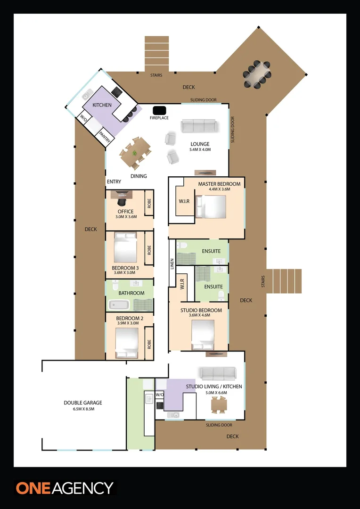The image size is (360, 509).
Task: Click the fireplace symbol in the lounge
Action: [x=159, y=110]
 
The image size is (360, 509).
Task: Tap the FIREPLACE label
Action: [x=159, y=118]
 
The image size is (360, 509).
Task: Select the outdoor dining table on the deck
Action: [x=257, y=74]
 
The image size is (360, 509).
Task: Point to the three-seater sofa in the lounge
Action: [x=199, y=126]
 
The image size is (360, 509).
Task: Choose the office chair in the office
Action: [x=122, y=201]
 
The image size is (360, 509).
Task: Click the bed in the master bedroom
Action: [x=211, y=206]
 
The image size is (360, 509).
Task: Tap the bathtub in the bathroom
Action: [x=119, y=305]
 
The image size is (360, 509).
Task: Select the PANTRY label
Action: [x=106, y=137]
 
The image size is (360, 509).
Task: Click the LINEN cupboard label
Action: [x=172, y=263]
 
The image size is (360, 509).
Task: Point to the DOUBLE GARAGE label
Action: [x=83, y=402]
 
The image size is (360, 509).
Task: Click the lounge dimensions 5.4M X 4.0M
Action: [x=200, y=150]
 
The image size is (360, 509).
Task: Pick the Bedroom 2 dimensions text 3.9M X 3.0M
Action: [x=127, y=323]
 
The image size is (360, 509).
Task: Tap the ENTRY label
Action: [x=114, y=182]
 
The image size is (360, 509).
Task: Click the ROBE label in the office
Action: [x=149, y=203]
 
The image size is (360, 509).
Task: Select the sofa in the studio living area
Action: [x=218, y=374]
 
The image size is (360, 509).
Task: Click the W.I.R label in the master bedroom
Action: [x=184, y=201]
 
